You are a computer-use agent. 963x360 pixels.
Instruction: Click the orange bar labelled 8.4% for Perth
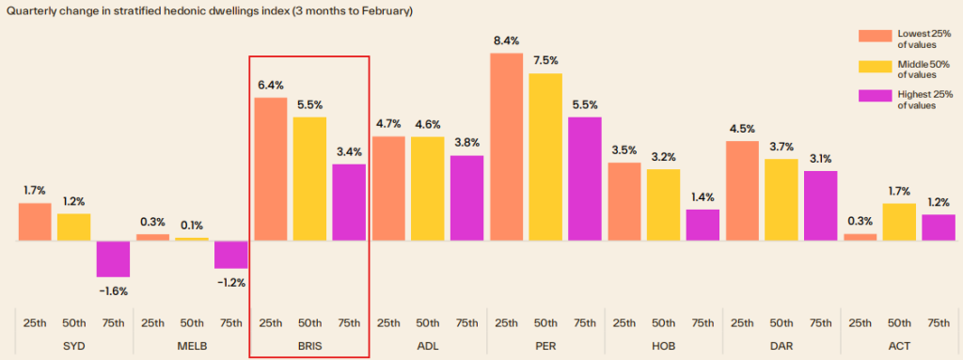click(506, 147)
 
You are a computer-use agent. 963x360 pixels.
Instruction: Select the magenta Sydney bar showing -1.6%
click(113, 258)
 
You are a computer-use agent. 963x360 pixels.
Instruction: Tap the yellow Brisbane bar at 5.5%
click(309, 179)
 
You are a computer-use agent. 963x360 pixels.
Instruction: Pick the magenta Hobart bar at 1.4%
click(703, 225)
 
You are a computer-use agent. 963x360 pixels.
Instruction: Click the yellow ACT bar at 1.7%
click(899, 222)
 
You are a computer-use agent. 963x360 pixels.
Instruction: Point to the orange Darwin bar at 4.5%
click(742, 191)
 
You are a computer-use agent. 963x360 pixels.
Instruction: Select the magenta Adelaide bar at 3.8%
click(466, 198)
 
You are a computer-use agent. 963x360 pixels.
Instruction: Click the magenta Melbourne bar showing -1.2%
click(230, 255)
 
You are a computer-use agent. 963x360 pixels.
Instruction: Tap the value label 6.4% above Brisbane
click(270, 84)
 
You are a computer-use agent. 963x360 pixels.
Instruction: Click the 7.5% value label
click(545, 60)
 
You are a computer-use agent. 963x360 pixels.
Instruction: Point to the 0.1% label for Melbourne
click(191, 224)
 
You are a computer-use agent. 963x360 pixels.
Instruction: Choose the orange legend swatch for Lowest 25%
click(875, 36)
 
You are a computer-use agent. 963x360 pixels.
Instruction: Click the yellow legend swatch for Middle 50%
click(875, 67)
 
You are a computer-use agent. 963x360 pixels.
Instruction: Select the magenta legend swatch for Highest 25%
click(875, 97)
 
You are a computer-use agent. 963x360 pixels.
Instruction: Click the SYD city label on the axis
click(73, 345)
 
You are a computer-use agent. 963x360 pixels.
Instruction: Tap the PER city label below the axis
click(545, 345)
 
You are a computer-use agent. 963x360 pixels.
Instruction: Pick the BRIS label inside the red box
click(309, 345)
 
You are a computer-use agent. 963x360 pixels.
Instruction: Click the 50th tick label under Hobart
click(663, 322)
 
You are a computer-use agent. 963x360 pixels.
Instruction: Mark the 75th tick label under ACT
click(938, 322)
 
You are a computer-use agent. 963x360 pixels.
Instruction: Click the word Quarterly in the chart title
click(34, 11)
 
